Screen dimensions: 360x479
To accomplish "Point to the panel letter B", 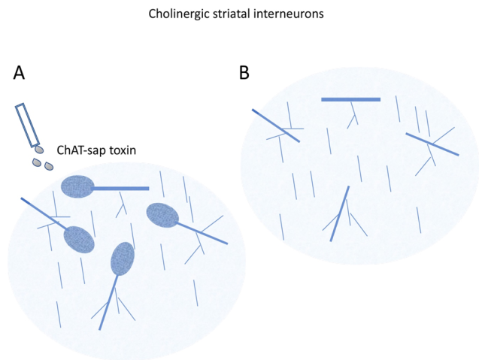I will [x=244, y=73].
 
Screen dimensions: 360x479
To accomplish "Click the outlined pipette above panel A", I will [x=27, y=124].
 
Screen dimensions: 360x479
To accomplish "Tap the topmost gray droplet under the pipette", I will [x=39, y=150].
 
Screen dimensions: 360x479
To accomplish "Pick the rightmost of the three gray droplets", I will [x=49, y=166].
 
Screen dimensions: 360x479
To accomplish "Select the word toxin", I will [x=126, y=150].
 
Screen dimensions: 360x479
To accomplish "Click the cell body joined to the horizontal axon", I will [x=77, y=186].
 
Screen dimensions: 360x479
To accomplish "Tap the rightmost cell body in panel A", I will [x=162, y=216].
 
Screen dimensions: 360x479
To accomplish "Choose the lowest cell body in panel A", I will [x=123, y=259].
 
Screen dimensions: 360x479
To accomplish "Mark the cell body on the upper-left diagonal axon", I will [x=78, y=240].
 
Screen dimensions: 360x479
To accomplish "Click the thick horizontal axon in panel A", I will [x=120, y=189].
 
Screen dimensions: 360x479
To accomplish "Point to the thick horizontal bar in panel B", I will [x=350, y=99].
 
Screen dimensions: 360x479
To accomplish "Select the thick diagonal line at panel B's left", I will [x=275, y=126].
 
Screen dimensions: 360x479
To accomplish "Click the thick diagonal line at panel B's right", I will [x=432, y=144].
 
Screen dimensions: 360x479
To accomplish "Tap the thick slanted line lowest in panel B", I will [x=339, y=213].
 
